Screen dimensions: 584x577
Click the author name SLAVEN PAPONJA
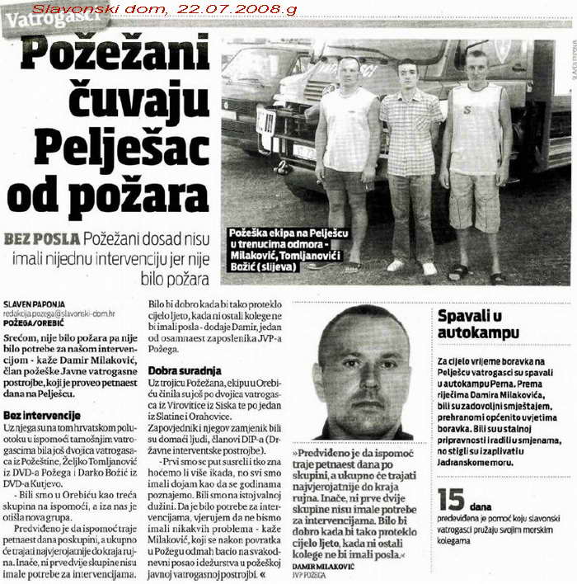35,304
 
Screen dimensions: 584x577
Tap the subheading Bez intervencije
42,415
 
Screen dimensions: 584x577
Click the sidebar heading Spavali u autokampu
479,324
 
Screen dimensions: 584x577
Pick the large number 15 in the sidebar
452,502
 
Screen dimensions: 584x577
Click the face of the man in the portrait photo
362,363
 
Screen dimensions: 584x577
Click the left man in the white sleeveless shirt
348,157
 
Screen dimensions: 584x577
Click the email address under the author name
59,313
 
